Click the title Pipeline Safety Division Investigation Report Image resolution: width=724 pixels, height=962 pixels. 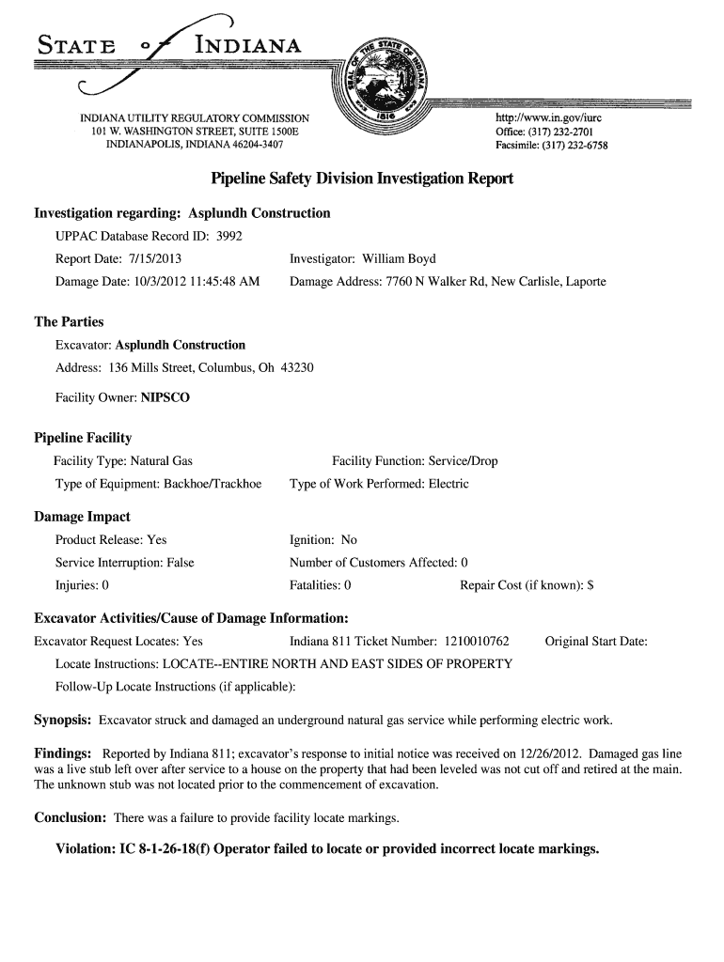pyautogui.click(x=362, y=178)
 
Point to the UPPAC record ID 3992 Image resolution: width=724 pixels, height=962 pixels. pyautogui.click(x=229, y=236)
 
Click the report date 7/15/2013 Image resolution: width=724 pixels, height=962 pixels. pyautogui.click(x=153, y=258)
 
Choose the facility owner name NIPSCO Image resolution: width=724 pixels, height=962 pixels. pyautogui.click(x=165, y=397)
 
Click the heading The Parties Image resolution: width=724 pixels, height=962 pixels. pyautogui.click(x=69, y=321)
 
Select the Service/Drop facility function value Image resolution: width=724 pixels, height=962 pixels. pyautogui.click(x=463, y=461)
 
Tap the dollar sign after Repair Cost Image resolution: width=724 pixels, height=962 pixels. pyautogui.click(x=590, y=585)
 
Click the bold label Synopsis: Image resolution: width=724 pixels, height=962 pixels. pyautogui.click(x=62, y=721)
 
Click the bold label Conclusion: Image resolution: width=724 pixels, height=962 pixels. pyautogui.click(x=70, y=817)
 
